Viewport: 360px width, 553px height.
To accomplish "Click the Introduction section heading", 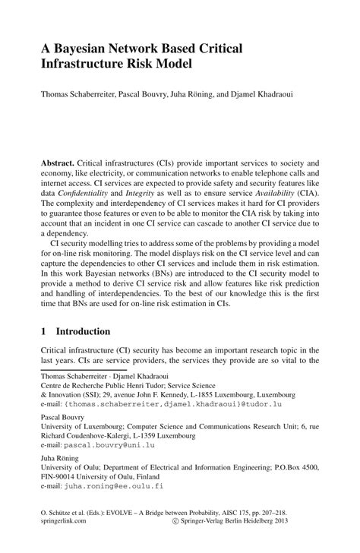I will tap(81, 332).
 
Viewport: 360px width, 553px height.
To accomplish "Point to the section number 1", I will tap(43, 332).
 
